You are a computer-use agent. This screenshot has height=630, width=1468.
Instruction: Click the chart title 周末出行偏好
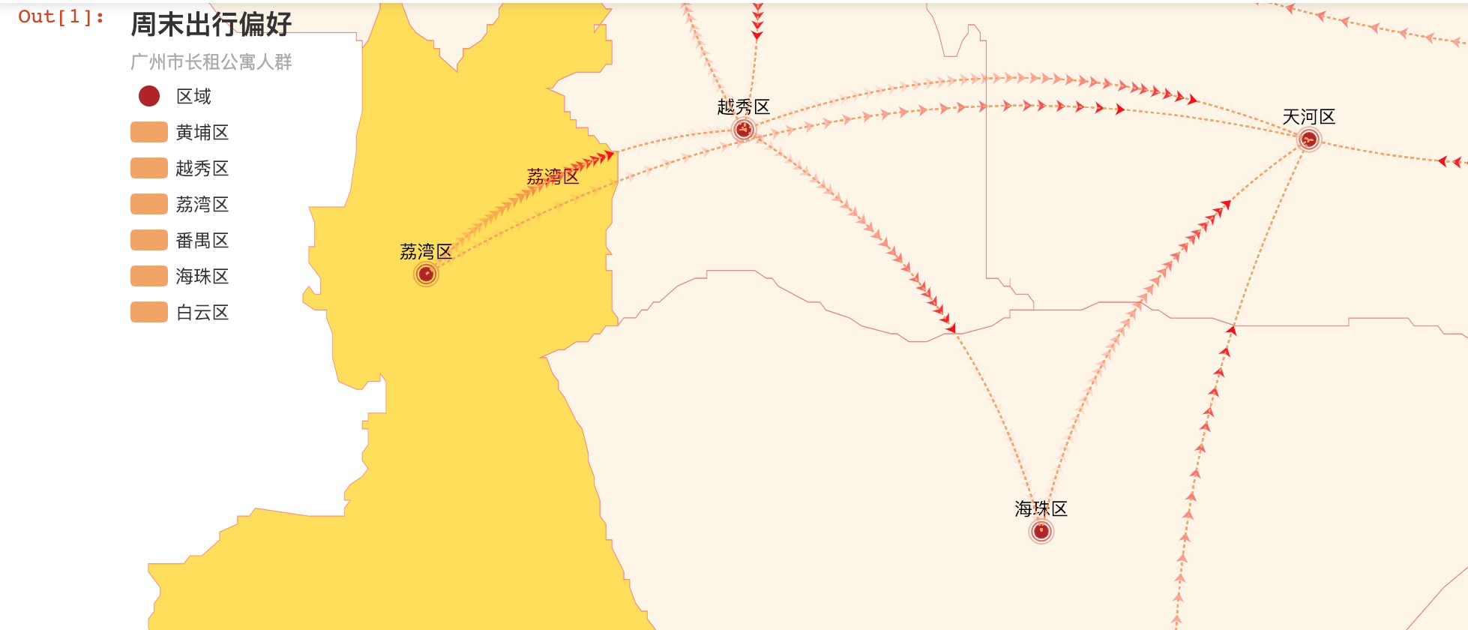(x=211, y=24)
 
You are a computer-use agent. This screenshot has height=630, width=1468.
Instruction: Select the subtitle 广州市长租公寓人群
(x=211, y=61)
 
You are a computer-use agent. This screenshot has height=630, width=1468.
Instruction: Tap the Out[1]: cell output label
(x=61, y=16)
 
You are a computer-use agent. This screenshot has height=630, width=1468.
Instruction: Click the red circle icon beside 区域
(x=149, y=96)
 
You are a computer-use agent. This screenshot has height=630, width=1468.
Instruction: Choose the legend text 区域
(x=193, y=96)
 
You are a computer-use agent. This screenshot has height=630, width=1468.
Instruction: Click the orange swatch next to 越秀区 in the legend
(x=148, y=168)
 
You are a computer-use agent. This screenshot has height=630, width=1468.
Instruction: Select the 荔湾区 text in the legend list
(x=202, y=204)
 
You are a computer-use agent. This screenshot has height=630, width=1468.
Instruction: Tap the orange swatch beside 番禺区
(x=148, y=240)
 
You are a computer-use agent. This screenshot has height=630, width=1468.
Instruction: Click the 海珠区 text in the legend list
(x=202, y=276)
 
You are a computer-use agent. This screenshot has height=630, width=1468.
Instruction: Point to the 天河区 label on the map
(x=1308, y=117)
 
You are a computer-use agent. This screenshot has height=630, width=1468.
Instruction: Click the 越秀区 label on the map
(x=743, y=107)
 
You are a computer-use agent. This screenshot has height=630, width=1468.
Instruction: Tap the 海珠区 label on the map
(x=1041, y=509)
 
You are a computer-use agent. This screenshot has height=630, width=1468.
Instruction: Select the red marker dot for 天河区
(x=1308, y=139)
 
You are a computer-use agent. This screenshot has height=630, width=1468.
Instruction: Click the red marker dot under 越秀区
(x=743, y=130)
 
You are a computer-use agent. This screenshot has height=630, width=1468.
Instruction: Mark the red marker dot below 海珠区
(x=1041, y=532)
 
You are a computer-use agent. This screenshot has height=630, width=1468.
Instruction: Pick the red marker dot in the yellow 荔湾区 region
(x=426, y=274)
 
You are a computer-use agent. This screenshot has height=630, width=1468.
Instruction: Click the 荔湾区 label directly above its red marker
(x=426, y=252)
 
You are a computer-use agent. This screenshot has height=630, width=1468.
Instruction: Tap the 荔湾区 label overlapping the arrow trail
(x=553, y=177)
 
